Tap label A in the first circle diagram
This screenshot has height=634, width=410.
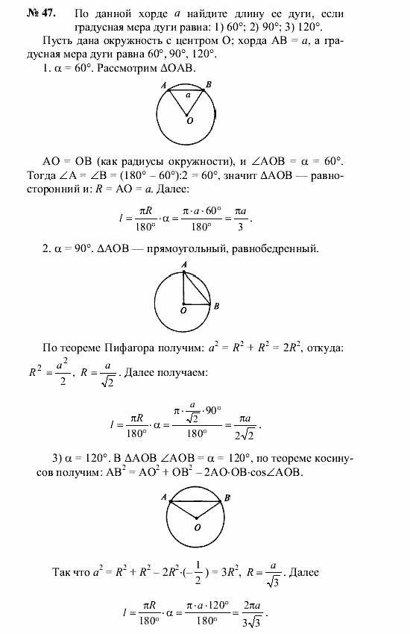pos(163,87)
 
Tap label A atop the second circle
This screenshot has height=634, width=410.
pos(183,265)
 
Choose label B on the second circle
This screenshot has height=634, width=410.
pos(216,306)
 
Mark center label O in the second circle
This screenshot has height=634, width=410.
pos(183,310)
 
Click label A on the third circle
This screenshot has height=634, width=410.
pos(163,496)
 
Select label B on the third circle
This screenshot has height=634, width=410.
pos(228,496)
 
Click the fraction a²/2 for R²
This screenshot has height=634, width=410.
pos(63,371)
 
